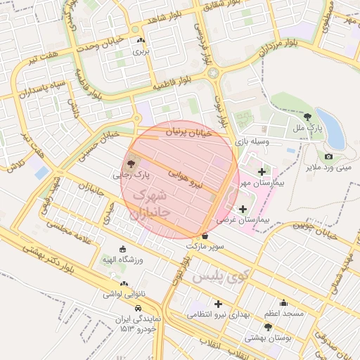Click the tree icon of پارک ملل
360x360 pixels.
coord(307,117)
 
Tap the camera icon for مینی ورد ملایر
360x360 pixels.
coord(328,156)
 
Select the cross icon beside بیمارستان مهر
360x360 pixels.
coord(262,172)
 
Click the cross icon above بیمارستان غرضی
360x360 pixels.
coord(243,209)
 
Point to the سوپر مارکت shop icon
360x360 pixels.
coord(205,236)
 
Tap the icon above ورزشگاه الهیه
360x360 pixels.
coord(123,249)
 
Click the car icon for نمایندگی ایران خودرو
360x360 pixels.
coord(139,308)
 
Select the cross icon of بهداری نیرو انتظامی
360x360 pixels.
coord(219,304)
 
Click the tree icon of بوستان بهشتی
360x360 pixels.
coord(268,327)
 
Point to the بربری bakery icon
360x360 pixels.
coord(142,41)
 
